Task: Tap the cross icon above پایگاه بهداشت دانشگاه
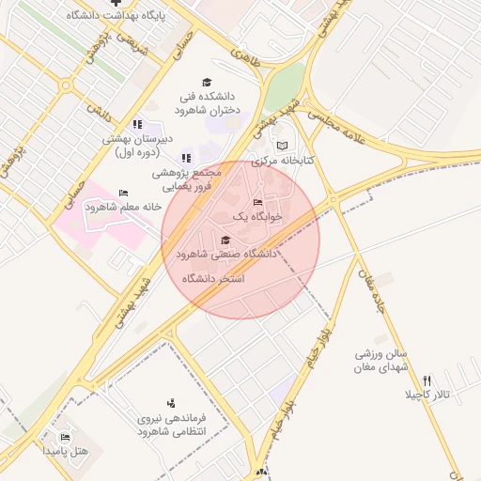click(x=116, y=3)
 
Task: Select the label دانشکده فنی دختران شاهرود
click(x=208, y=102)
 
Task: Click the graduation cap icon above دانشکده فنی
click(x=207, y=83)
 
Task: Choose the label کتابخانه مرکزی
click(x=283, y=161)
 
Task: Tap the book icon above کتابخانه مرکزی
click(x=283, y=146)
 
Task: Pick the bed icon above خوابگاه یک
click(x=258, y=203)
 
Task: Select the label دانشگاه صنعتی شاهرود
click(x=225, y=254)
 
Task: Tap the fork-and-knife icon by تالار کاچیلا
click(x=427, y=380)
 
